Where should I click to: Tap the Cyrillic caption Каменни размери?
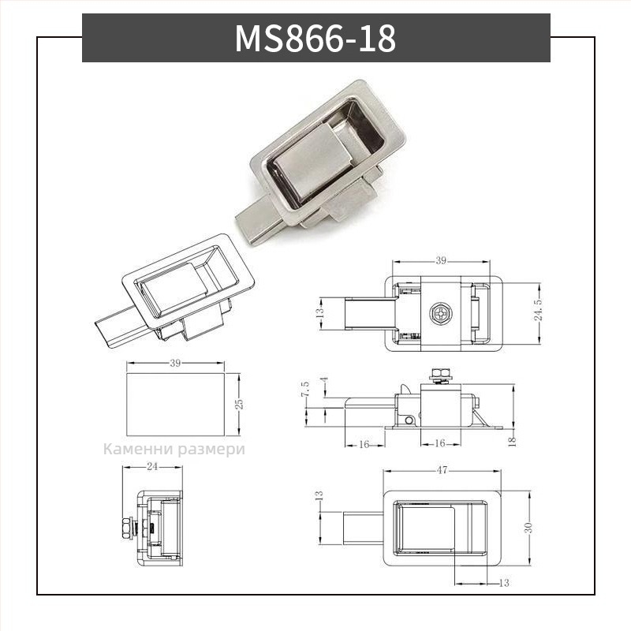point(174,450)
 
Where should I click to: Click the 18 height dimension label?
point(512,441)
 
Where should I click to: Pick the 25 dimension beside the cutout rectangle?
point(239,404)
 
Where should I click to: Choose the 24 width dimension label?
point(153,467)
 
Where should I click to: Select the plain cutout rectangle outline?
point(175,404)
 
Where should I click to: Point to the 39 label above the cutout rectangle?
point(175,364)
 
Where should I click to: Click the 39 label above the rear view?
point(441,260)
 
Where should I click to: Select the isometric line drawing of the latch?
point(177,292)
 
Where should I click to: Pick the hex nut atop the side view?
point(439,372)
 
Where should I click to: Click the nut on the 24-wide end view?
point(127,526)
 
